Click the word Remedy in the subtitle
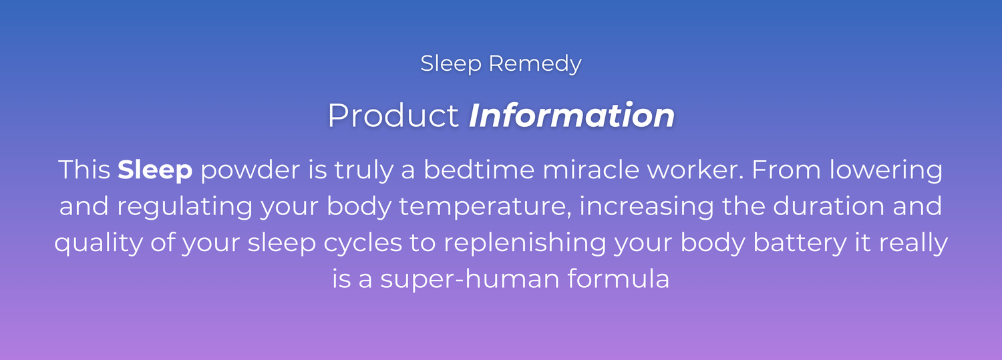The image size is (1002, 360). [x=535, y=64]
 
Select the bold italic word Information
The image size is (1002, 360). [x=572, y=116]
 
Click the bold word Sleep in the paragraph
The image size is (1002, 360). [x=155, y=170]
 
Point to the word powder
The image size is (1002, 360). [x=250, y=170]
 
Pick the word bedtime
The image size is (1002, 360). [x=479, y=170]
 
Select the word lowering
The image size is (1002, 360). [x=886, y=170]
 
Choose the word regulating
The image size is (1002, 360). [x=185, y=207]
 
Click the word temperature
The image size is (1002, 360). [x=486, y=207]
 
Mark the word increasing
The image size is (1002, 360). [x=647, y=207]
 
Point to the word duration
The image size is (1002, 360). [x=828, y=206]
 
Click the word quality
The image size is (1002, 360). [x=98, y=243]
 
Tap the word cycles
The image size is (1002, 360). [x=363, y=243]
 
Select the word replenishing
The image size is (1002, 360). [x=524, y=243]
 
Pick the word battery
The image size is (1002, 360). [x=800, y=243]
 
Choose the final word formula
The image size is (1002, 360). [x=619, y=279]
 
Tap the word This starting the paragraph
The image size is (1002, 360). [x=85, y=170]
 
